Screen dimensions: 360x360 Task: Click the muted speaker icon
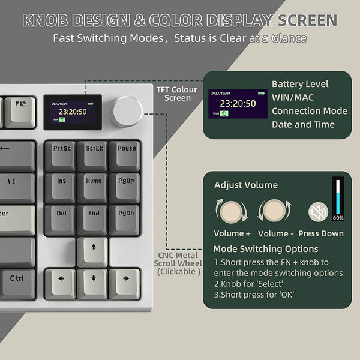[318, 212]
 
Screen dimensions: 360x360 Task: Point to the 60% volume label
[338, 217]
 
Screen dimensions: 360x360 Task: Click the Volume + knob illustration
[231, 212]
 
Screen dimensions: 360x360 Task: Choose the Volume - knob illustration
[274, 212]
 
